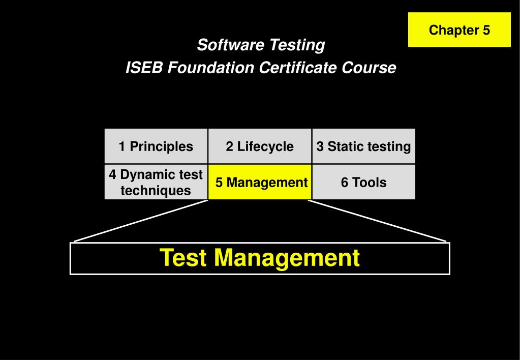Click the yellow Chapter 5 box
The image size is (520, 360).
point(459,30)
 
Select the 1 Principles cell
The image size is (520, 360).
point(156,146)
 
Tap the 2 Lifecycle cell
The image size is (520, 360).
point(260,146)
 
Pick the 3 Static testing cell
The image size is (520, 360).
point(363,146)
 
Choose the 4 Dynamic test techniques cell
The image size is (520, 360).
point(156,182)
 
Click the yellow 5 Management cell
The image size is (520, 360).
point(260,182)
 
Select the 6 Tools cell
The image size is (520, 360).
point(363,182)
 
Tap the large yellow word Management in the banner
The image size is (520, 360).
point(287,257)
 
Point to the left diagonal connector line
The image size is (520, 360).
point(141,221)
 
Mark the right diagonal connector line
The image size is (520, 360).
point(377,221)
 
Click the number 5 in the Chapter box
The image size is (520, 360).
point(486,30)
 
